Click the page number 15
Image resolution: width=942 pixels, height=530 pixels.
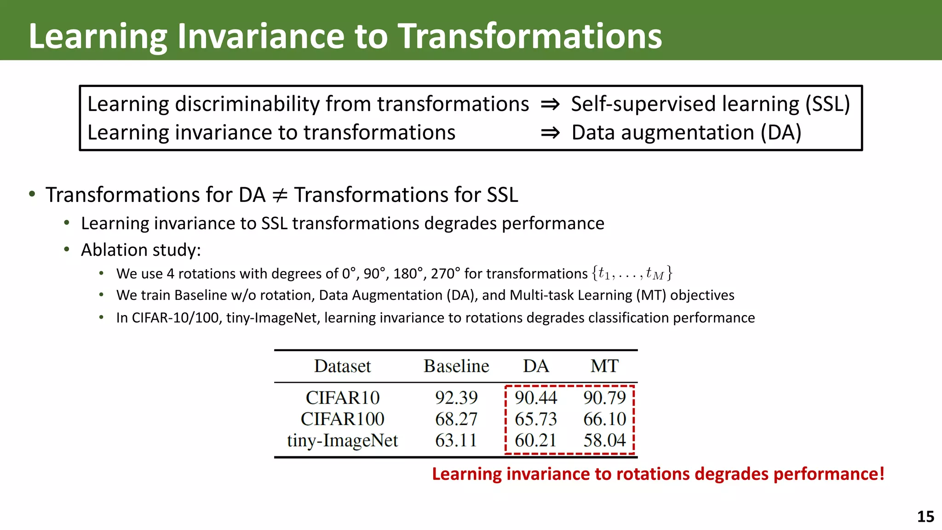[925, 517]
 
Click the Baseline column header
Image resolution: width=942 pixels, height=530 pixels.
[456, 366]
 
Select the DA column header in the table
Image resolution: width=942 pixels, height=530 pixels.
[536, 366]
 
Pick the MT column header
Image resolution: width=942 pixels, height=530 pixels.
[604, 366]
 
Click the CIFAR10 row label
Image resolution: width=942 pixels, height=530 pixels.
[343, 397]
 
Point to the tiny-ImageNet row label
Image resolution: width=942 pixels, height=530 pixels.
[343, 441]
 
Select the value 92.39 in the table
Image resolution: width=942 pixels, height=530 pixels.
[456, 397]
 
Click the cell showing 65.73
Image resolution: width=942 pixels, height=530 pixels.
[536, 419]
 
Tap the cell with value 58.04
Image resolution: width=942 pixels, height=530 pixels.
[604, 440]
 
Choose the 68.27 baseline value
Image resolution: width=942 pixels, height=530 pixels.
[456, 419]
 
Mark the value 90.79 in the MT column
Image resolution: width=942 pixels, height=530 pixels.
[604, 397]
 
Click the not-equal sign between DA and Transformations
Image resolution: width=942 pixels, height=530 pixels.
[280, 195]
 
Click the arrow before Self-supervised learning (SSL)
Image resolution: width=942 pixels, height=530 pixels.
[550, 104]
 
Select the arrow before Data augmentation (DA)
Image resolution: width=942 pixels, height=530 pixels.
[550, 133]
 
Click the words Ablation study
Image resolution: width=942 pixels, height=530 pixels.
[141, 250]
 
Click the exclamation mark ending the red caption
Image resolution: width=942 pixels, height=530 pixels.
[881, 473]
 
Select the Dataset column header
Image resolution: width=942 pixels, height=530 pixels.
[343, 366]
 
